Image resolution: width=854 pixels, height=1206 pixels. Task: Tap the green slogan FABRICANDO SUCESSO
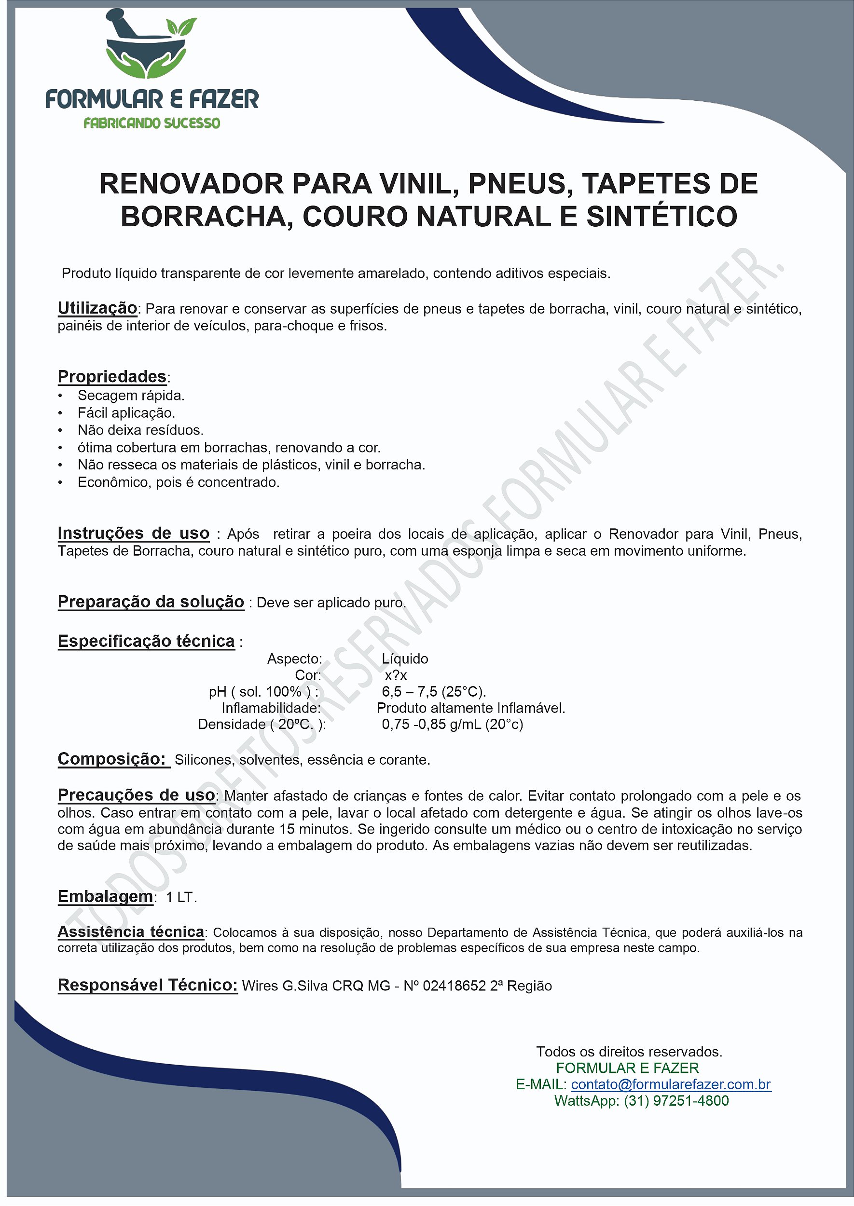[152, 123]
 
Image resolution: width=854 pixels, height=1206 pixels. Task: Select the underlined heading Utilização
[97, 308]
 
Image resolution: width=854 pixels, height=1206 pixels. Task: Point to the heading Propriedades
[112, 376]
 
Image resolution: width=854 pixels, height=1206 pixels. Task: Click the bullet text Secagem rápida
[131, 396]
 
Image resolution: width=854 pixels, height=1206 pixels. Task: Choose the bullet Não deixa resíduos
[140, 430]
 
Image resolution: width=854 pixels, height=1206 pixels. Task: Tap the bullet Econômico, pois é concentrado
[178, 482]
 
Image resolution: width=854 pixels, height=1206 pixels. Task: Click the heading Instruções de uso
[134, 533]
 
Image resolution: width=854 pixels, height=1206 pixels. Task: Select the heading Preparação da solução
[151, 602]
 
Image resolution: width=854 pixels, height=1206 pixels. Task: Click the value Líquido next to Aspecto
[405, 659]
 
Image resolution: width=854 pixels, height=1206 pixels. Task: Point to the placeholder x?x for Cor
[396, 675]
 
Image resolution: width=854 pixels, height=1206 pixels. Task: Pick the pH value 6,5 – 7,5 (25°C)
[434, 692]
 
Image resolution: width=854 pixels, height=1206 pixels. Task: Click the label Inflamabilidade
[271, 708]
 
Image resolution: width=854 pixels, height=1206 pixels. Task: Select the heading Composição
[112, 759]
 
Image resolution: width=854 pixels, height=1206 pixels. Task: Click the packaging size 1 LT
[181, 897]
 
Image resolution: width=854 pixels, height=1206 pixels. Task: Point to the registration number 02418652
[455, 986]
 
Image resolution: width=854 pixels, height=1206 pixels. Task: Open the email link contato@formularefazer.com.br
[671, 1084]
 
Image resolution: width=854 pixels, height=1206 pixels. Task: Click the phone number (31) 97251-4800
[676, 1101]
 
